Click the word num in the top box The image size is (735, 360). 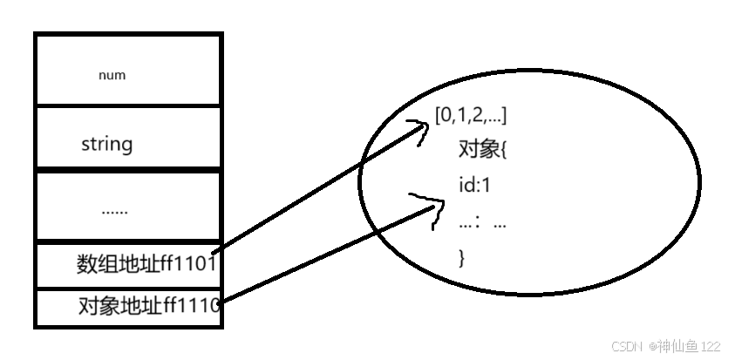coord(112,75)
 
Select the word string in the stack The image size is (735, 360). coord(106,143)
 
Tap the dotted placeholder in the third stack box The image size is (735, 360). coord(114,209)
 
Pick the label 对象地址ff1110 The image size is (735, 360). coord(147,306)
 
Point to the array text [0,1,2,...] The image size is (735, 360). coord(470,114)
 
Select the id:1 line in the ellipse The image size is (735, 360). coord(475,185)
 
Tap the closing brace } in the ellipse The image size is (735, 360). coord(462,257)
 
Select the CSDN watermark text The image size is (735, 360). coord(627,346)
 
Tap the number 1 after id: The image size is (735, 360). coord(487,185)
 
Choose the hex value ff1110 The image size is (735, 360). coord(190,306)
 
